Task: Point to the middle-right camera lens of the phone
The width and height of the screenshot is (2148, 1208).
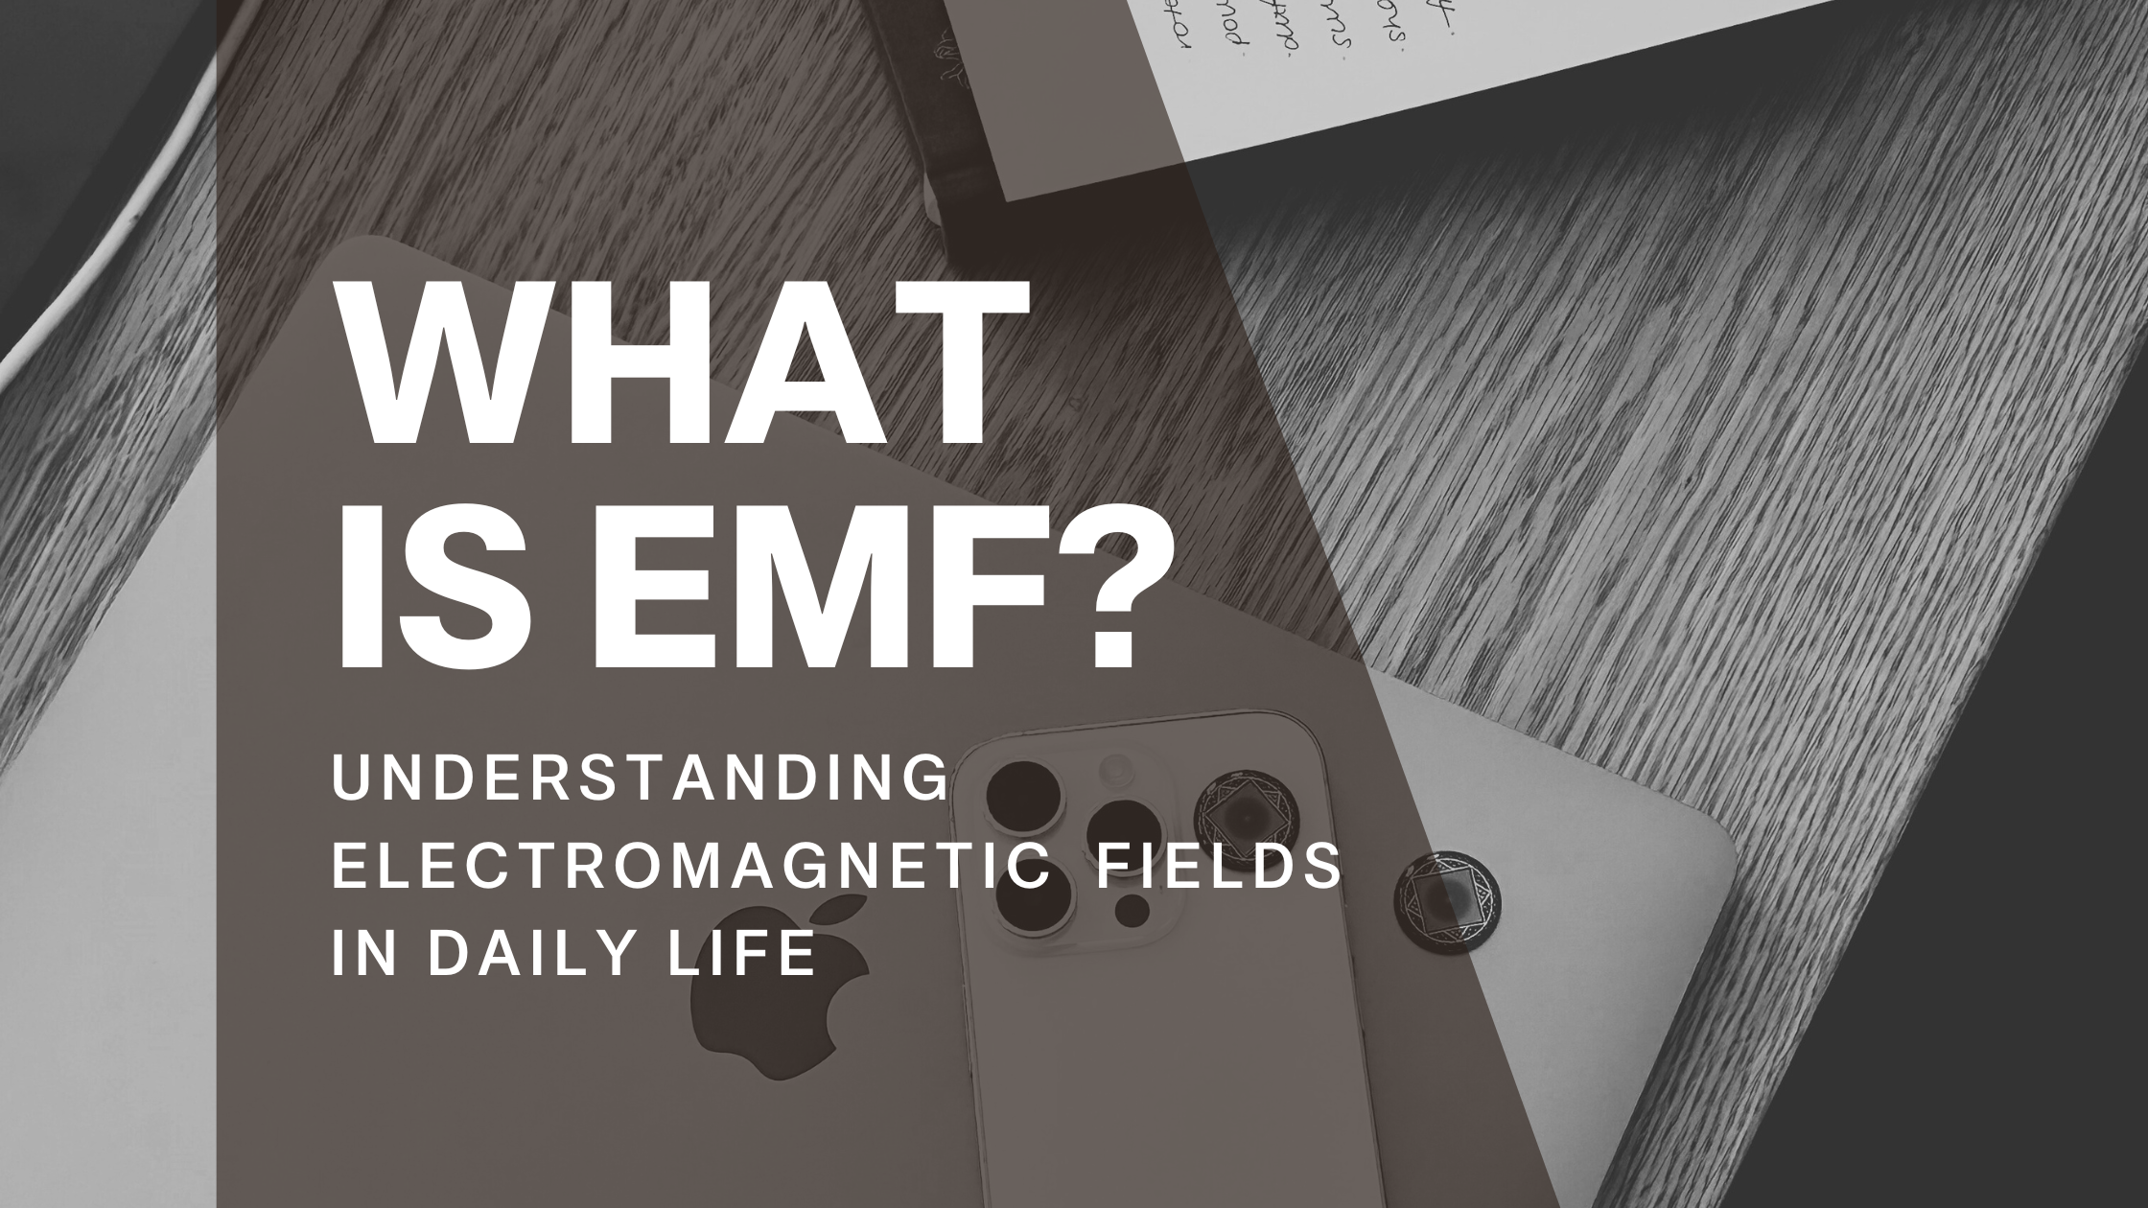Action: tap(1124, 832)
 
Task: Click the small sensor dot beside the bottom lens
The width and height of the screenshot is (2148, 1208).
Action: tap(1132, 908)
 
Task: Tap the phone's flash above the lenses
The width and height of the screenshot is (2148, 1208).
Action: tap(1115, 767)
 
